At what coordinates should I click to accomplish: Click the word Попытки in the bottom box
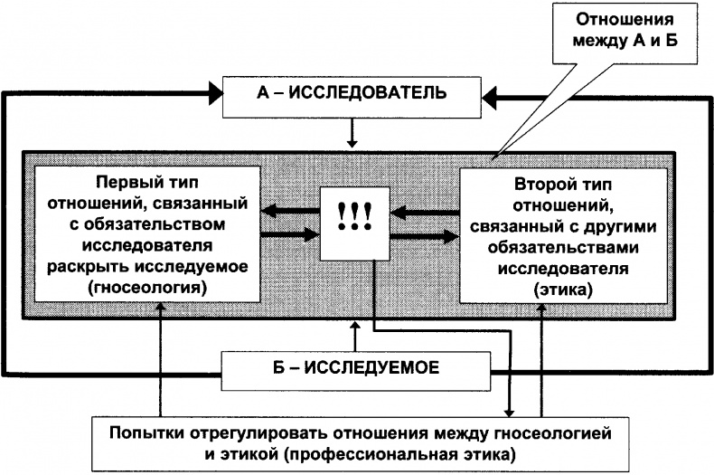point(144,433)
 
